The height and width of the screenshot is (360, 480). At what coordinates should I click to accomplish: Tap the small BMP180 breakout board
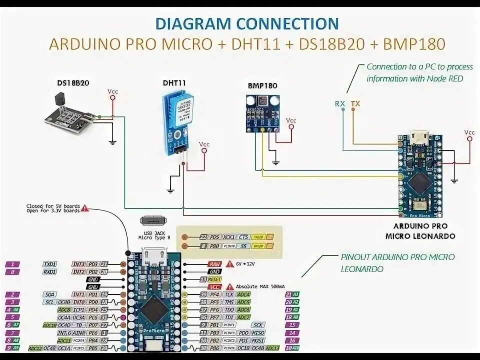pos(261,113)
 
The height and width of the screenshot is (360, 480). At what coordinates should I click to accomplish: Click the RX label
pos(340,104)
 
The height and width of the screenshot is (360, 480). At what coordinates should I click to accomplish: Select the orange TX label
pos(355,104)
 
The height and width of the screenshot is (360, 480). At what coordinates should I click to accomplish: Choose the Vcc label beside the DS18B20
pos(113,91)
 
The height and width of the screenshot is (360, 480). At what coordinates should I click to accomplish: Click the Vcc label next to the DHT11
pos(204,144)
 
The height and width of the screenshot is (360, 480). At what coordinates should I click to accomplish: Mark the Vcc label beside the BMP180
pos(290,120)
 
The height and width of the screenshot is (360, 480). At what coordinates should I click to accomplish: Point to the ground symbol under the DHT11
pos(170,190)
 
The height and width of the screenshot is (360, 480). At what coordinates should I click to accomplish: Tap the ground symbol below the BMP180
pos(276,163)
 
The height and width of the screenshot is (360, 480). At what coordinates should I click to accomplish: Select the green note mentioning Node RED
pos(419,72)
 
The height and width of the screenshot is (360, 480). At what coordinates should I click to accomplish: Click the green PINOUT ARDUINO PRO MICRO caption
pos(397,262)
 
